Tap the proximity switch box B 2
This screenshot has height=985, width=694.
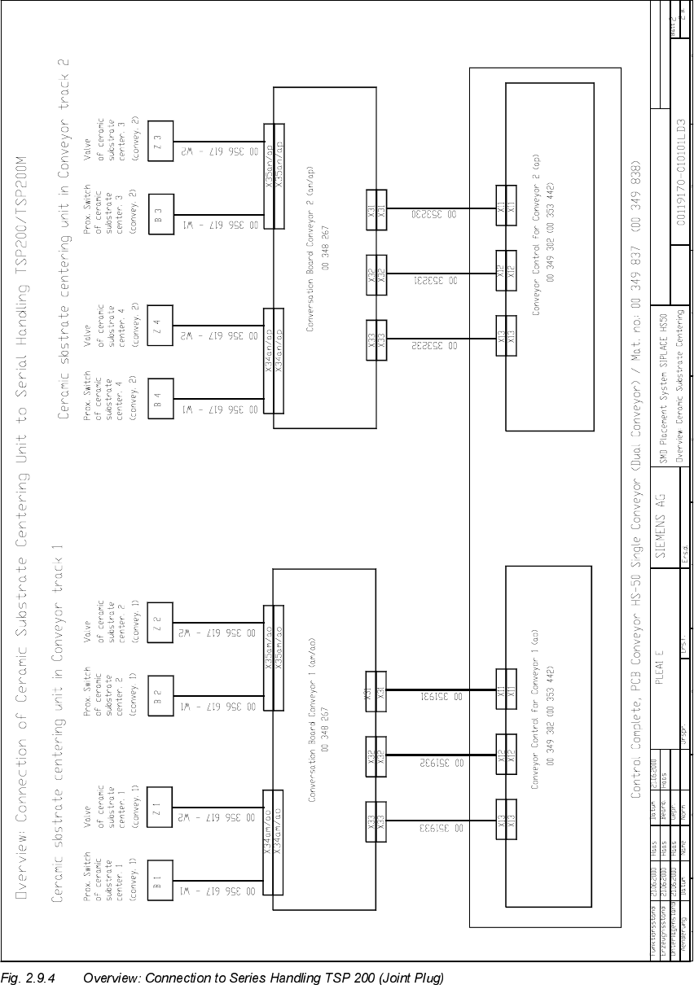coord(160,697)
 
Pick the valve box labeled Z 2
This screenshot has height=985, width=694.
coord(160,628)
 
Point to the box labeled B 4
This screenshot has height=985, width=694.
coord(160,400)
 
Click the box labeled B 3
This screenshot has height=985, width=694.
coord(160,217)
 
